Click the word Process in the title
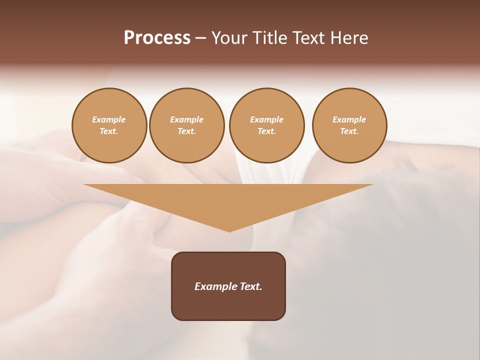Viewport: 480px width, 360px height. tap(157, 38)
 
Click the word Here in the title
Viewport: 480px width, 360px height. tap(349, 38)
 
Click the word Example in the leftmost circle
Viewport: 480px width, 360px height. tap(109, 119)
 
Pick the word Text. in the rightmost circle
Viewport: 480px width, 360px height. tap(349, 131)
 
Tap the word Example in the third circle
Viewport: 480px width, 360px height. tap(266, 119)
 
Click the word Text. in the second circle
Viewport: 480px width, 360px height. tap(186, 131)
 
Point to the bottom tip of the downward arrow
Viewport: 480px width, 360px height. tap(229, 230)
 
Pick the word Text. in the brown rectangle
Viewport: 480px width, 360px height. tap(251, 286)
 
